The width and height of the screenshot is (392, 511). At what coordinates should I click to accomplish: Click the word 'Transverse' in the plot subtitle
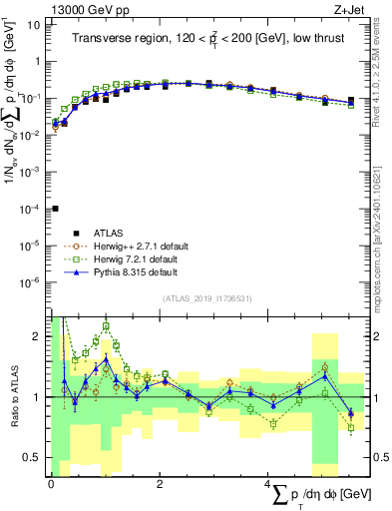click(x=102, y=39)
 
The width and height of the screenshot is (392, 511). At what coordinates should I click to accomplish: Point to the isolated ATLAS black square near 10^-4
click(x=55, y=209)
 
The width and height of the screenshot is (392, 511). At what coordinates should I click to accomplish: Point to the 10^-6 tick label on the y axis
click(x=32, y=282)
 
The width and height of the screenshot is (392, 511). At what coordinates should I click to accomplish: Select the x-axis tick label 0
click(x=51, y=483)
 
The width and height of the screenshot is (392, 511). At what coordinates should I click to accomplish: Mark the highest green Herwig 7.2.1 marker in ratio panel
click(x=107, y=326)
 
